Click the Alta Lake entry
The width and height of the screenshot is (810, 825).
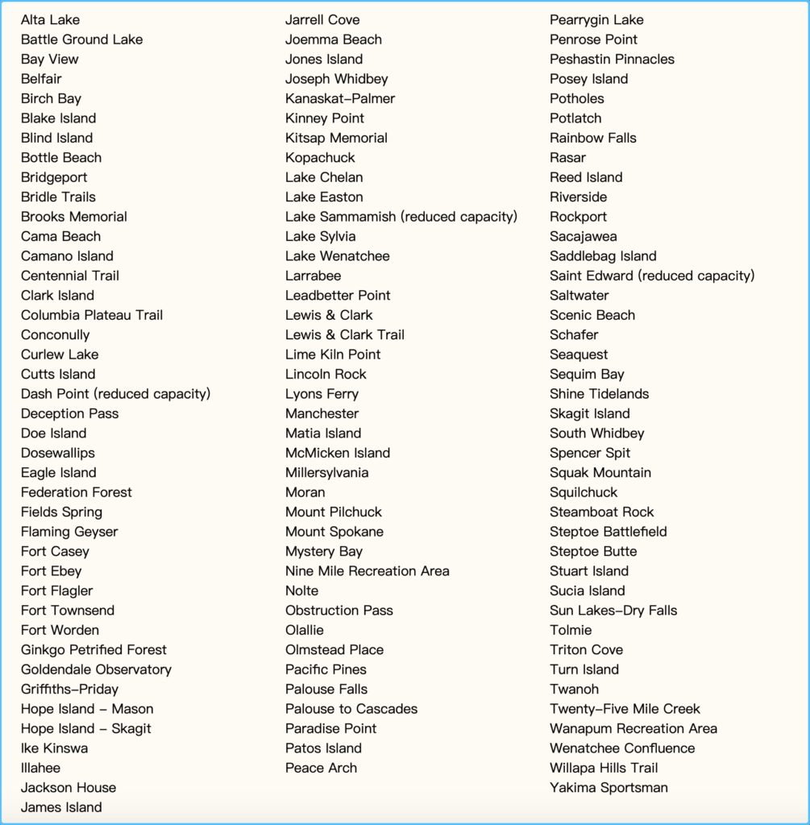(x=50, y=20)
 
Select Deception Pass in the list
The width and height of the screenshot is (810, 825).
(x=69, y=413)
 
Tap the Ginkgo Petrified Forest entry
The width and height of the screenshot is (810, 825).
(x=93, y=649)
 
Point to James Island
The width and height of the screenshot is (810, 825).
(x=61, y=807)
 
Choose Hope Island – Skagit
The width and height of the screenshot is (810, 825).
(x=85, y=728)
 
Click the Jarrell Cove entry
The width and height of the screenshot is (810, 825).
(x=322, y=20)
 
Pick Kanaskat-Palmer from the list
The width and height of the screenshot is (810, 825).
(x=340, y=98)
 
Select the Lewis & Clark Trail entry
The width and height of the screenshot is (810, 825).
(x=345, y=334)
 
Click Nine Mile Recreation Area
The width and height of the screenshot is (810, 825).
(x=367, y=571)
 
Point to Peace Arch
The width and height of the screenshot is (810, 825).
(x=321, y=768)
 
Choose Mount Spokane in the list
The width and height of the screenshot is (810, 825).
(x=334, y=532)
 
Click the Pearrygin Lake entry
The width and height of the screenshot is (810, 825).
(x=596, y=20)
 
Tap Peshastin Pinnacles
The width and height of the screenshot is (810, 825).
(x=612, y=59)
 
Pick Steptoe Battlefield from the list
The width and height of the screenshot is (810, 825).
(x=608, y=532)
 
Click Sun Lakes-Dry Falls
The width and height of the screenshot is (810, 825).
(x=613, y=611)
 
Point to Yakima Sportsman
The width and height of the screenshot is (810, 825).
(x=609, y=788)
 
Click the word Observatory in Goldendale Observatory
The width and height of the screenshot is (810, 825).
(x=133, y=670)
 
